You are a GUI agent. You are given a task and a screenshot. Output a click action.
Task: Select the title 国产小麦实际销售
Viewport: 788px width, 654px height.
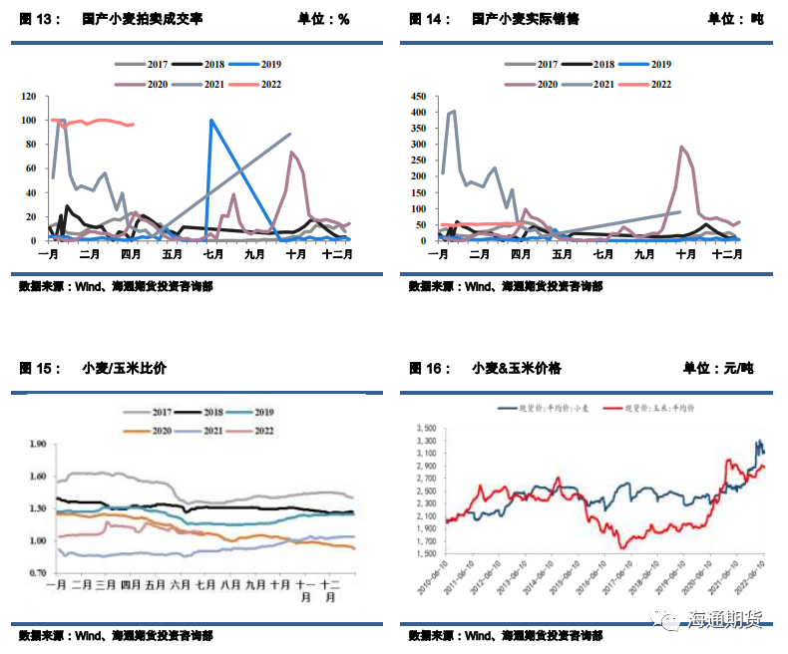coord(525,19)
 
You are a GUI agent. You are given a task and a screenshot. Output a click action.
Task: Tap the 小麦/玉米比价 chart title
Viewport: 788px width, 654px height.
coord(125,368)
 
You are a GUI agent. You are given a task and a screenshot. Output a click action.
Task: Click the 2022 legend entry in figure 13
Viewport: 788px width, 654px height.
coord(270,85)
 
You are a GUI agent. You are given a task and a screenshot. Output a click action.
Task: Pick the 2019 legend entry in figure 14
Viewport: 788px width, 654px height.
coord(659,64)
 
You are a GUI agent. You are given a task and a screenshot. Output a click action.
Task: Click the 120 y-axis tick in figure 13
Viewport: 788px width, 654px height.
coord(29,97)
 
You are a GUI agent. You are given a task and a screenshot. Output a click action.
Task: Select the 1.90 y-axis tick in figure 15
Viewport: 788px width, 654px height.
coord(38,444)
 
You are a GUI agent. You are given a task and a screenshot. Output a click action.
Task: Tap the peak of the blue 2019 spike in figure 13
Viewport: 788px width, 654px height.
coord(210,120)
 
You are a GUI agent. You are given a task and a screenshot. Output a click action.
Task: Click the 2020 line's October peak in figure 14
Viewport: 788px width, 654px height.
coord(682,147)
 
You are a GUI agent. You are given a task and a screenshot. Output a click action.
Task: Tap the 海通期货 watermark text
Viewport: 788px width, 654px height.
coord(726,620)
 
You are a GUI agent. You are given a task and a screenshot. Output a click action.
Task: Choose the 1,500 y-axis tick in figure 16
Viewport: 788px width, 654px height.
coord(425,553)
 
